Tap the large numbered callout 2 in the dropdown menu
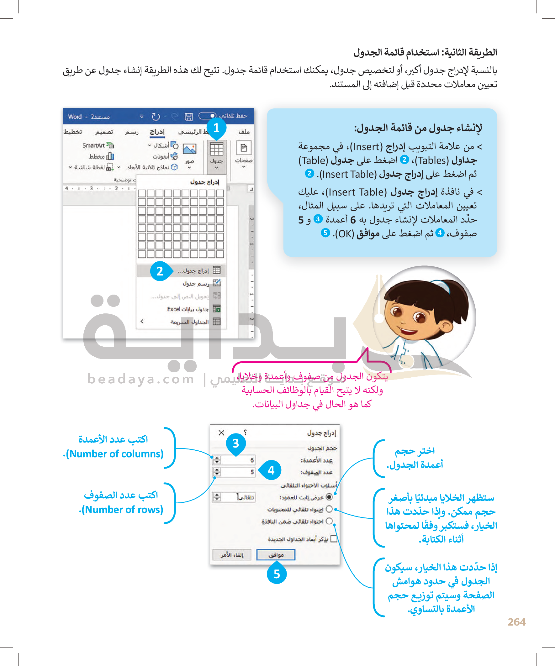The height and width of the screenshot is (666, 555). (x=160, y=271)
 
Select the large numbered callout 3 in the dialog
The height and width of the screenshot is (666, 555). (x=235, y=443)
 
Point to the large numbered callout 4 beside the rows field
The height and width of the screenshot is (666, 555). (x=271, y=470)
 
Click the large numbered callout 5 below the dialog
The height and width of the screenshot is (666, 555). (x=277, y=574)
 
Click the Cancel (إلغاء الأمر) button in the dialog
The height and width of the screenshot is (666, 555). (x=232, y=555)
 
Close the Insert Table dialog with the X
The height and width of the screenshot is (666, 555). (x=221, y=433)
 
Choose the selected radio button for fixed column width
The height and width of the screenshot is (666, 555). (x=329, y=497)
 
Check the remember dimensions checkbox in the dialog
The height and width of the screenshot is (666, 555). (x=334, y=539)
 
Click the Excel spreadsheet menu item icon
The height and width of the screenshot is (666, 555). (x=217, y=309)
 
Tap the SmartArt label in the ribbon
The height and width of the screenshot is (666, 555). (x=93, y=145)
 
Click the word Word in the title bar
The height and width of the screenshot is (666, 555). (x=75, y=117)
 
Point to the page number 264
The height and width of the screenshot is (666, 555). (x=517, y=622)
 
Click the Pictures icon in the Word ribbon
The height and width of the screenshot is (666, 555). (x=189, y=149)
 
